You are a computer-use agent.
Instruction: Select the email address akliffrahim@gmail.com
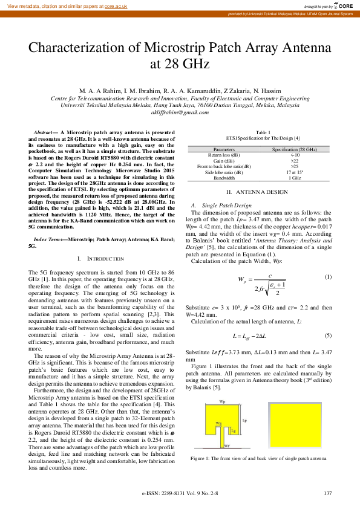point(180,112)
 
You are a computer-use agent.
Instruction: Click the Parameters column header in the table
point(224,149)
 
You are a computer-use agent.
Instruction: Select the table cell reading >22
point(294,161)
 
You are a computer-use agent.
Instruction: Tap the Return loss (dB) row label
point(224,155)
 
